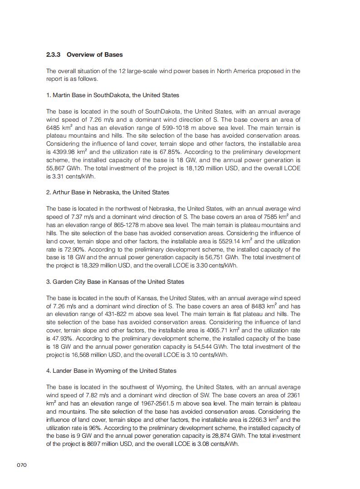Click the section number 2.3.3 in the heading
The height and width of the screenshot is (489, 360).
coord(54,55)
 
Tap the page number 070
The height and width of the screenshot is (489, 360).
coord(22,465)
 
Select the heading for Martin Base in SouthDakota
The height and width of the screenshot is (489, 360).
coord(113,95)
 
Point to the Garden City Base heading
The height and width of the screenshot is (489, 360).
coord(115,282)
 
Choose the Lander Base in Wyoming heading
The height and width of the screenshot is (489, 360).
coord(111,371)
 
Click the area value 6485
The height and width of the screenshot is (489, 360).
coord(54,128)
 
